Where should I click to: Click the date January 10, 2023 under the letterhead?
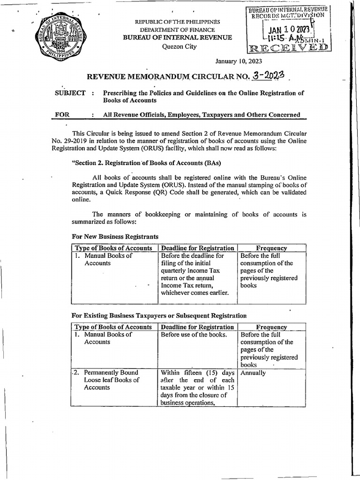(x=238, y=61)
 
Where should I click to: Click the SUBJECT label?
(x=70, y=93)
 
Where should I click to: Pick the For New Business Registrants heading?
(x=115, y=237)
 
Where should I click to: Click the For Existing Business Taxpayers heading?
(x=158, y=315)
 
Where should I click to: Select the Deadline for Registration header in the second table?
(x=197, y=327)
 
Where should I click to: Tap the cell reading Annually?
(x=253, y=373)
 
